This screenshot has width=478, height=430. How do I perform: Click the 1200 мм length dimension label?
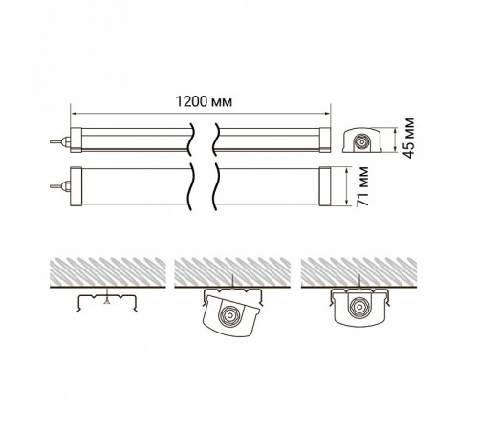[x=204, y=101]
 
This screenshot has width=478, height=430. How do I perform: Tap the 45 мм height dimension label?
[x=408, y=138]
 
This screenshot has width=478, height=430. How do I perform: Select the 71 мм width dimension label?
[x=362, y=186]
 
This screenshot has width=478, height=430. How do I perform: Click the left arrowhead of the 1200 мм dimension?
[x=74, y=113]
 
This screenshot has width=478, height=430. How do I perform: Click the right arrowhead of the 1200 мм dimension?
[x=327, y=113]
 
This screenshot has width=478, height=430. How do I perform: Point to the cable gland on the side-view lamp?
[x=61, y=141]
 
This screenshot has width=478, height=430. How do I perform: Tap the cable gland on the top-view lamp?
[x=61, y=186]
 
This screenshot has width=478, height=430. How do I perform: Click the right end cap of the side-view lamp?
[x=325, y=140]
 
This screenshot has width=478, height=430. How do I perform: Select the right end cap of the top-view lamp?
[x=325, y=186]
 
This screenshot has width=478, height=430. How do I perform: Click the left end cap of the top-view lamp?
[x=76, y=186]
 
